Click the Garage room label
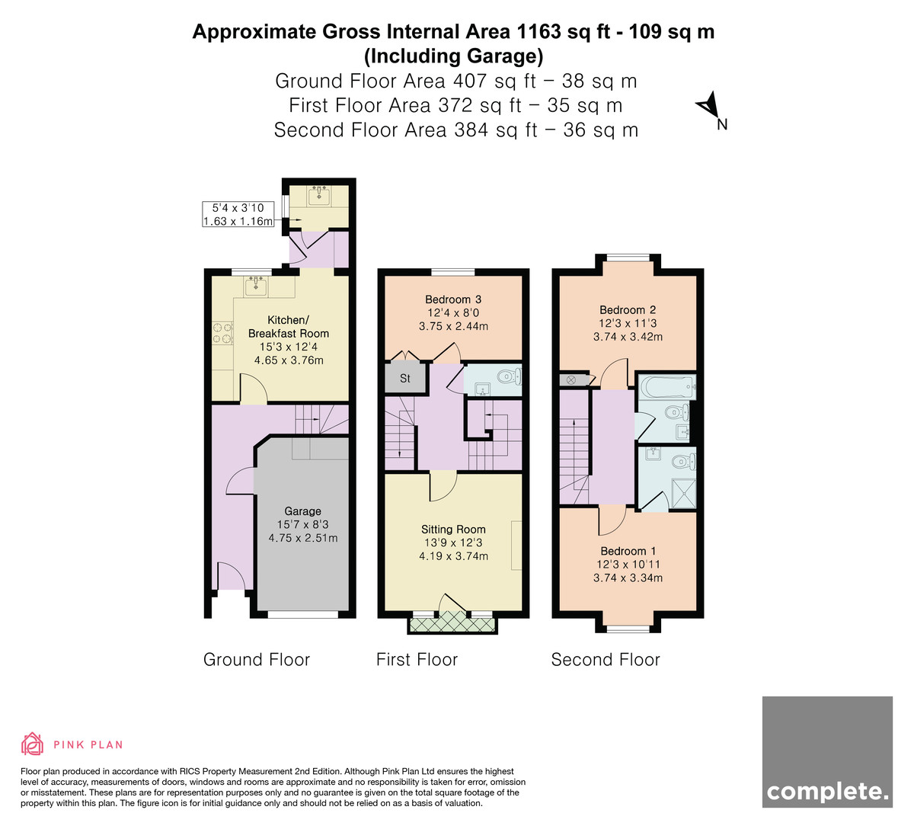303,511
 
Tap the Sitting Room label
453,530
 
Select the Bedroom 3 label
453,299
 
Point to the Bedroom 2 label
628,310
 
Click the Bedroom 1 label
628,551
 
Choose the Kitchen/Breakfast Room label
289,326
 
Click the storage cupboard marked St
405,378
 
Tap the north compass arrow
708,104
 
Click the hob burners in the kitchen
222,333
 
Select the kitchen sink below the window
256,286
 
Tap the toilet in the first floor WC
509,376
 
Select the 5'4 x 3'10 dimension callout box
238,214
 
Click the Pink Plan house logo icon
32,744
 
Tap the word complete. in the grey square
827,792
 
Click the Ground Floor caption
257,660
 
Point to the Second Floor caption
606,660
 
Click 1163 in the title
538,32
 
